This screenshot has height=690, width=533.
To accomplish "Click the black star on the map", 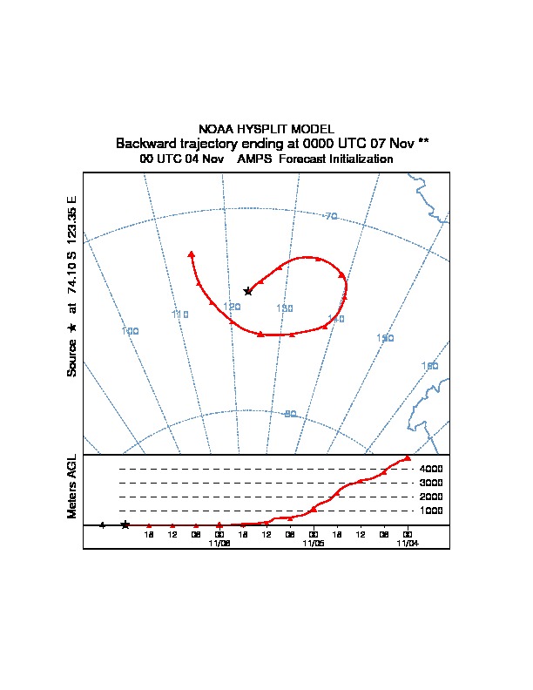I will point(247,291).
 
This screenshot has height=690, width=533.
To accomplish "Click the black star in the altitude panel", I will point(125,524).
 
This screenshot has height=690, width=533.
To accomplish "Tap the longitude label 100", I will point(131,331).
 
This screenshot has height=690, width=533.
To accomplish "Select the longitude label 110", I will point(180,315).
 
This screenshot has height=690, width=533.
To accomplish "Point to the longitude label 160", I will point(429,366).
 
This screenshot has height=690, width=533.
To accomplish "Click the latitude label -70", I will point(330,216).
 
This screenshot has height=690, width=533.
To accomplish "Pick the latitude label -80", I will point(290,414).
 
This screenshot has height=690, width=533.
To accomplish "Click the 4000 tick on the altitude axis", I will point(431,469).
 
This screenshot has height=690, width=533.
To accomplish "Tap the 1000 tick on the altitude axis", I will point(431,511).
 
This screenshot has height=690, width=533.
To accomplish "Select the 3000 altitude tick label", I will point(431,483).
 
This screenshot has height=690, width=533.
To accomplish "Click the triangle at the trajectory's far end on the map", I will point(191,254).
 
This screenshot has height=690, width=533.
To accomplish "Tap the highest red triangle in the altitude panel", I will point(408,457).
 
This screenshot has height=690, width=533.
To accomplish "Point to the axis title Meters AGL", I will point(71,487).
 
